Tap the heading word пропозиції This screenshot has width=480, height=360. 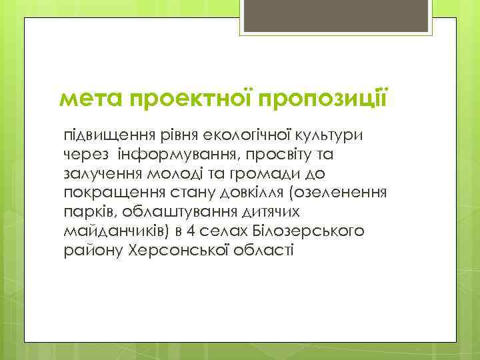325,101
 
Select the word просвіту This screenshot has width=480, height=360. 287,155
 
